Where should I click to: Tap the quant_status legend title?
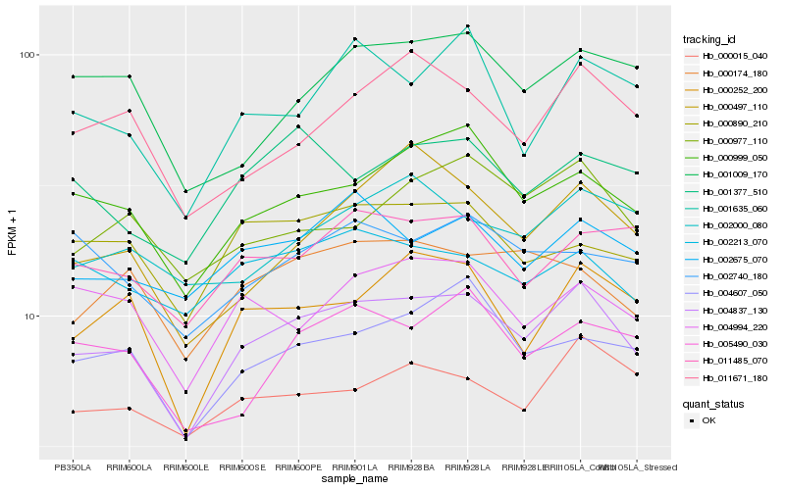[714, 403]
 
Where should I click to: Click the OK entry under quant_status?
[707, 420]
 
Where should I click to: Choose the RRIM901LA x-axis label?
[354, 467]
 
